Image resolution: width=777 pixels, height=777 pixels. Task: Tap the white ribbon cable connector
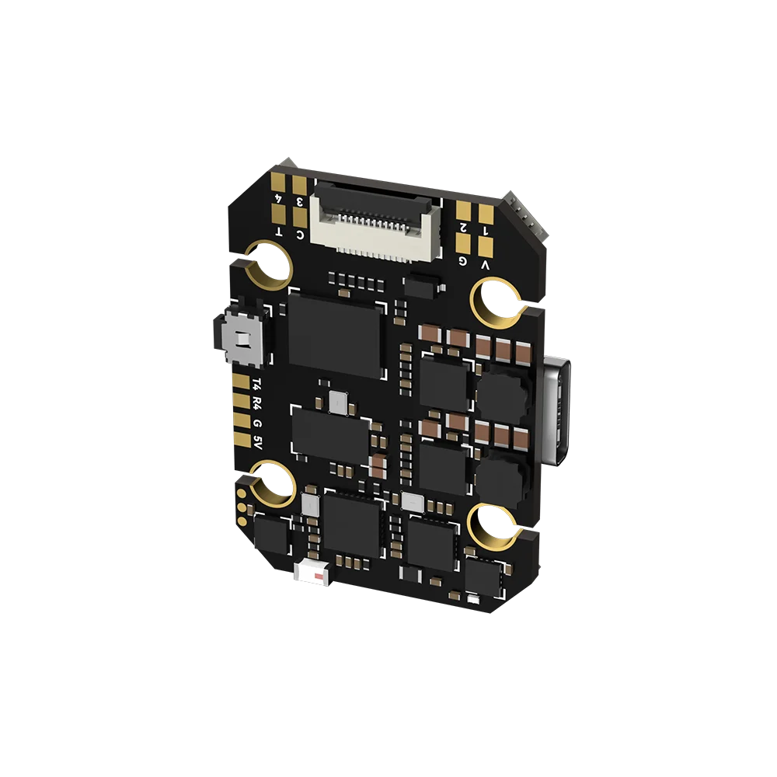[375, 218]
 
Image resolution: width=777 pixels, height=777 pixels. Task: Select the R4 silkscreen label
[256, 402]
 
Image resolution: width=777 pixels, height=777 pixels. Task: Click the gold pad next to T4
[242, 382]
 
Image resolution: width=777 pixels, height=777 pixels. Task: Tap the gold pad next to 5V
[242, 440]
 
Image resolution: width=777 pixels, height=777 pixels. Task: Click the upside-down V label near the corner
[485, 266]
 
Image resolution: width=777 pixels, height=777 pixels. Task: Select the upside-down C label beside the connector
[299, 235]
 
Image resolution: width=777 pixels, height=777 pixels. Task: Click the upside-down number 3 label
[299, 202]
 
